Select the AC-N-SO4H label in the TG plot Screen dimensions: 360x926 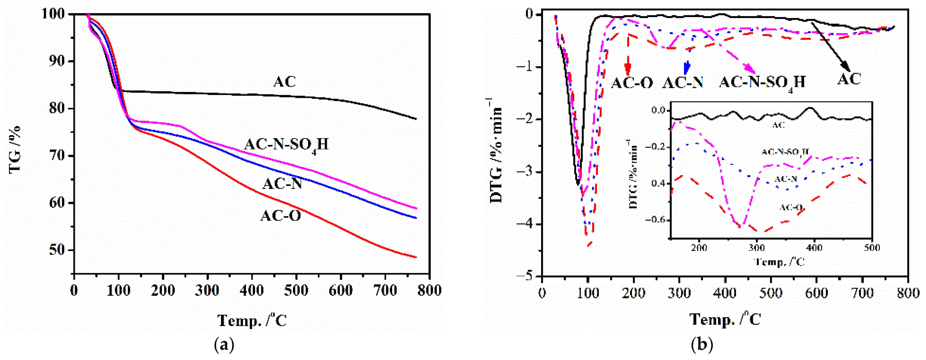286,145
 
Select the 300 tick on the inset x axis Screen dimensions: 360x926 757,248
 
